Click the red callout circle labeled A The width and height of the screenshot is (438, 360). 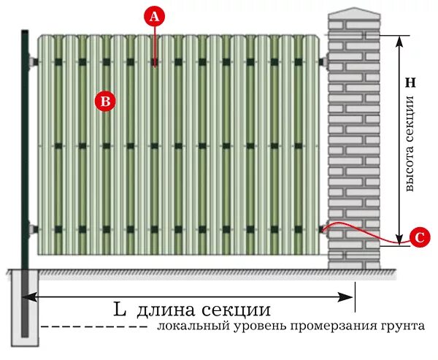pos(154,16)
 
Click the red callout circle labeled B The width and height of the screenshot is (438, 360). pos(105,102)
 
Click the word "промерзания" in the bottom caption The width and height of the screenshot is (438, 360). pos(324,326)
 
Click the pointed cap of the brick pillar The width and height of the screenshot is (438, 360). pos(353,12)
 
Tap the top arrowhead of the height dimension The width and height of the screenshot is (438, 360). pos(399,38)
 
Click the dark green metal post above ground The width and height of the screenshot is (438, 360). pos(26,146)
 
